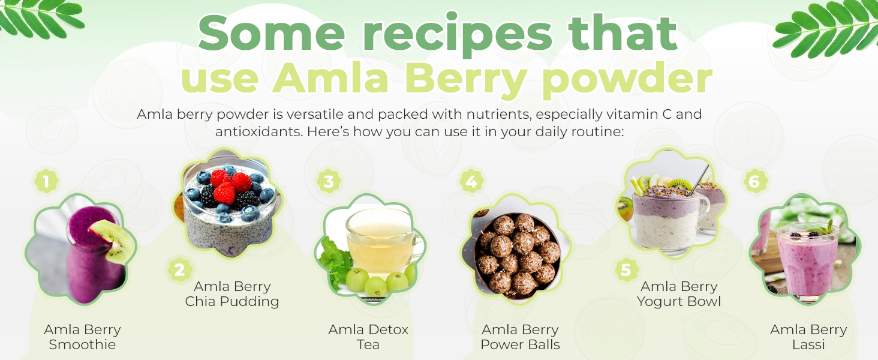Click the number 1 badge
point(46,182)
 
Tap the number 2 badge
point(179,270)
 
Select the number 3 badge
point(329,182)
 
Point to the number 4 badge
point(471,182)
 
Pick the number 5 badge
point(626,270)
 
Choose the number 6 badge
point(754,182)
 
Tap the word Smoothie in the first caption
point(82,345)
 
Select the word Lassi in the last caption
point(808,345)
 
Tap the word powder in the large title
point(627,79)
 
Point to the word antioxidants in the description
point(258,132)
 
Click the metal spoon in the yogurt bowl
point(700,179)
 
